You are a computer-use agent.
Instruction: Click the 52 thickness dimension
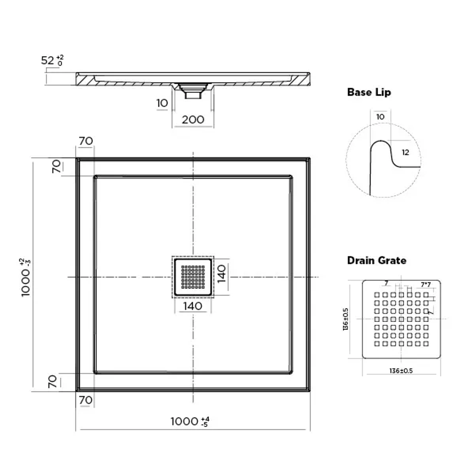tap(52, 60)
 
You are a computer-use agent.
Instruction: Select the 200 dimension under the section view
tap(193, 119)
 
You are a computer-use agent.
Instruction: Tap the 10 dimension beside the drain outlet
tap(162, 103)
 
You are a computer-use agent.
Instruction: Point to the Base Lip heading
tap(369, 92)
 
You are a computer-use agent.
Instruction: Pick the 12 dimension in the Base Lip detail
tap(405, 152)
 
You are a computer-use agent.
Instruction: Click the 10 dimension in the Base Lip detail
tap(380, 117)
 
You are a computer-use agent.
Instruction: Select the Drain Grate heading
tap(377, 260)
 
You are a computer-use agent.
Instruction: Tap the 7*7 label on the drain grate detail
tap(425, 285)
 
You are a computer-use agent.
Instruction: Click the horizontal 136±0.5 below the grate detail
tap(401, 370)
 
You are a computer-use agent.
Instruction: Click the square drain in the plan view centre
tap(193, 277)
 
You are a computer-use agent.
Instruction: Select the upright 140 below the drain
tap(193, 306)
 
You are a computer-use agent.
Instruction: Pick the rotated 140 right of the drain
tap(222, 274)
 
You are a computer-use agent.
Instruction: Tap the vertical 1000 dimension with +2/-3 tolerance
tap(26, 278)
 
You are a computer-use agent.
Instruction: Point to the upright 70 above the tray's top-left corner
tap(86, 141)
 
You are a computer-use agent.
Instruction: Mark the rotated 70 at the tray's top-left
tap(56, 167)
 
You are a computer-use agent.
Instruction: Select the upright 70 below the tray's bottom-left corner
tap(86, 400)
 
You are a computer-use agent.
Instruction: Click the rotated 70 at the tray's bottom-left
tap(52, 382)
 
